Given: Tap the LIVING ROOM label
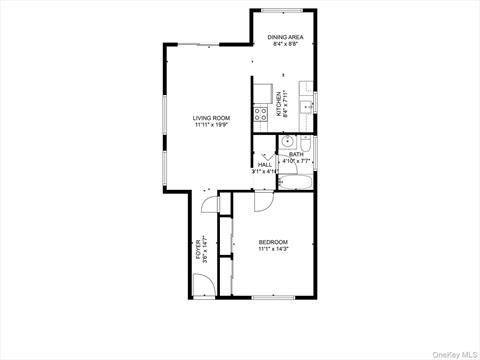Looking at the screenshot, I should click(211, 118).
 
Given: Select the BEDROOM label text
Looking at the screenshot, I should click(273, 241).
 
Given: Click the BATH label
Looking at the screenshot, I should click(297, 154).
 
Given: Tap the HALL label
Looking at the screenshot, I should click(265, 165).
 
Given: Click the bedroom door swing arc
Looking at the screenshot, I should click(261, 201).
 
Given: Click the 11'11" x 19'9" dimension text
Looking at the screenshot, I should click(211, 126).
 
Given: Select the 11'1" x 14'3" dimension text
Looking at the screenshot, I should click(273, 249).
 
